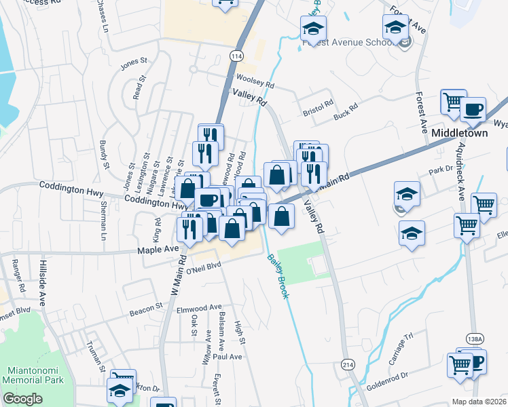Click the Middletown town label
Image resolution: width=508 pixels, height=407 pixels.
tap(460, 134)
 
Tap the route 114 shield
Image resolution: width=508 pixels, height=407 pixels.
tap(236, 55)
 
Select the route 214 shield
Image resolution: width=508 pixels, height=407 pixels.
tap(348, 365)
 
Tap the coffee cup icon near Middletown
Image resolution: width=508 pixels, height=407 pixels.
tap(473, 109)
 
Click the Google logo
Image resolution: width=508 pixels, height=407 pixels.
tap(22, 399)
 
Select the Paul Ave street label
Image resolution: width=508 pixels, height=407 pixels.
tap(227, 356)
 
